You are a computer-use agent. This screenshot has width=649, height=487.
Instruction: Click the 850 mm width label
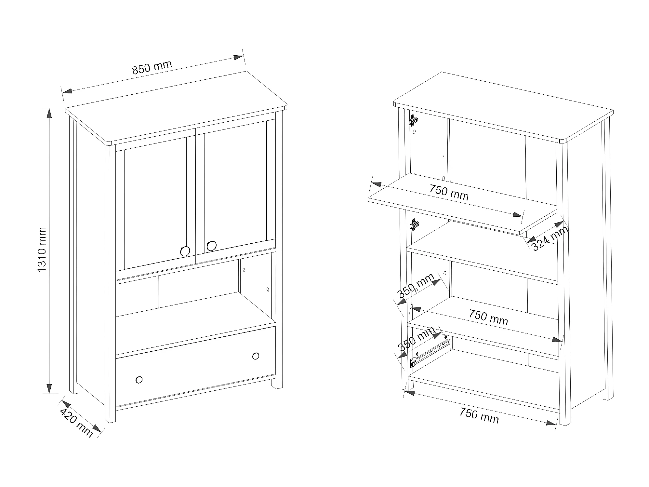click(152, 67)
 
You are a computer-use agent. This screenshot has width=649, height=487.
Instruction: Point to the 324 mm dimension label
click(550, 239)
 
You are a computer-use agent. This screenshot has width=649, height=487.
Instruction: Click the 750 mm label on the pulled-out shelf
click(449, 192)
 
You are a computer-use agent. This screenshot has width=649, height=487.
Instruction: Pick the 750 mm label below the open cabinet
click(479, 415)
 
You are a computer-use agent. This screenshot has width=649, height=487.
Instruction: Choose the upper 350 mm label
click(416, 286)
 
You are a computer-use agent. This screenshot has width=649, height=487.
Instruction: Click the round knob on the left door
click(185, 251)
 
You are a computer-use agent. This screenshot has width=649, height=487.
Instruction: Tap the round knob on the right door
click(211, 246)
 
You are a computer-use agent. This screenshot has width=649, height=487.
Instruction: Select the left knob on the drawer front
click(139, 380)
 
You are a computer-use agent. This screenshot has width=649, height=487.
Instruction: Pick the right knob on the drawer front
click(256, 356)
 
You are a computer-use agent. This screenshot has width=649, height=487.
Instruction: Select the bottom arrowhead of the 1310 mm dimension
click(49, 388)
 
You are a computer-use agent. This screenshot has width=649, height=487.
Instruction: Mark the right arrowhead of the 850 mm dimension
click(238, 58)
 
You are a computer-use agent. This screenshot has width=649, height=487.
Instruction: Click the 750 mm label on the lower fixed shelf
click(488, 317)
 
